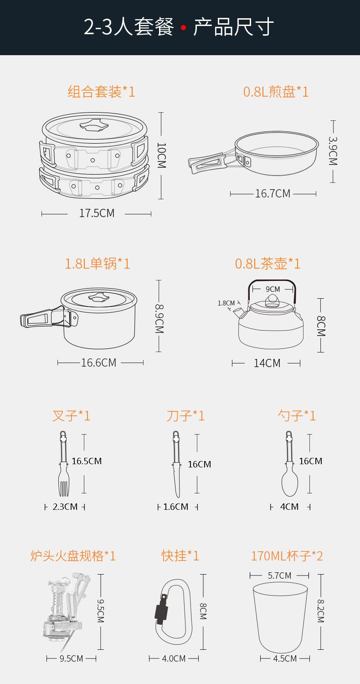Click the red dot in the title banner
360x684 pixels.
(183, 27)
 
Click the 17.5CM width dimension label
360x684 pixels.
(97, 213)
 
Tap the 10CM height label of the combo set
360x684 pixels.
(161, 155)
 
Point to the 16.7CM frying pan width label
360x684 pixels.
(273, 194)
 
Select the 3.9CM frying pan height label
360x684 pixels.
(333, 151)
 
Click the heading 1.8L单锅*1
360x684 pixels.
(98, 264)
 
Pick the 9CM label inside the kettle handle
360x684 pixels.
(273, 289)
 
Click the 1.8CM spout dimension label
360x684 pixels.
(226, 303)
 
